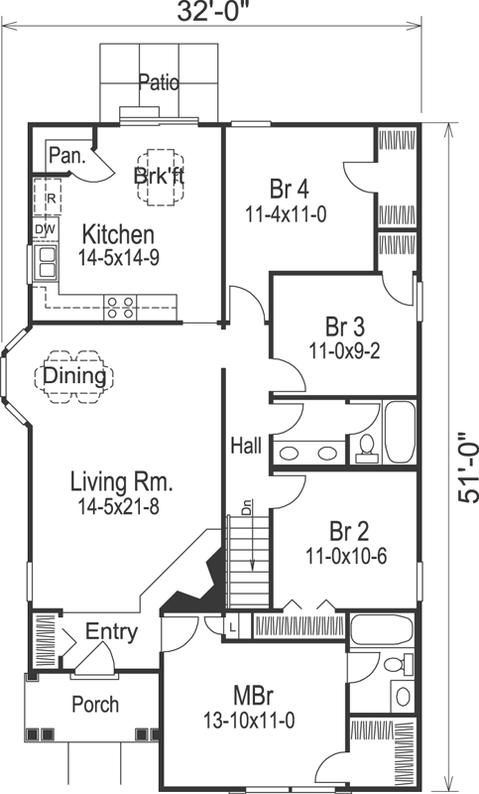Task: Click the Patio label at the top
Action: (159, 82)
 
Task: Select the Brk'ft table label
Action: (159, 175)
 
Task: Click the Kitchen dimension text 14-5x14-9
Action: (118, 259)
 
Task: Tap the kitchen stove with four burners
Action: (120, 308)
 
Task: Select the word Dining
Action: (75, 376)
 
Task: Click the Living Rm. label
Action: (121, 482)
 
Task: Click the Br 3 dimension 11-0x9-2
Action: (344, 349)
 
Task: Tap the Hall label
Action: (246, 446)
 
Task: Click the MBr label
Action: (248, 692)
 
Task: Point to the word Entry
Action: (111, 632)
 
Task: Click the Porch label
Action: (95, 705)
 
